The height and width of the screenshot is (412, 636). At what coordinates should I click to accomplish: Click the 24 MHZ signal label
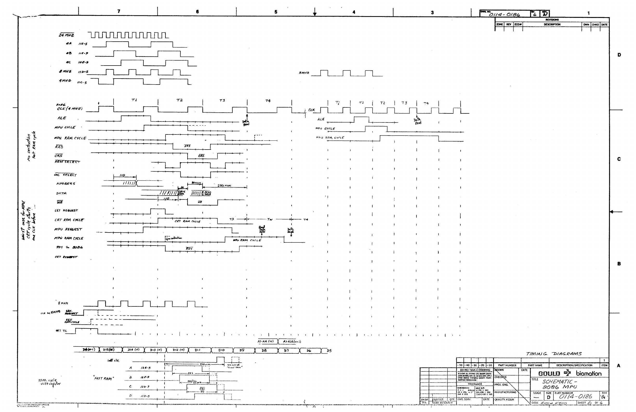click(66, 35)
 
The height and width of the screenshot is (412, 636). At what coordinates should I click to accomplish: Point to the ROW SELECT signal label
click(67, 162)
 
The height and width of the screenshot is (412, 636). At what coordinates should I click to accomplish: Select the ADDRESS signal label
click(65, 184)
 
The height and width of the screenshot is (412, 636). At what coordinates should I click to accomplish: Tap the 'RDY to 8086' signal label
click(69, 247)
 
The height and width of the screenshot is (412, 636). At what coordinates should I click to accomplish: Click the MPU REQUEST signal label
click(68, 229)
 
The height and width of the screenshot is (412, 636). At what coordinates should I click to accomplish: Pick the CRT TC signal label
click(61, 331)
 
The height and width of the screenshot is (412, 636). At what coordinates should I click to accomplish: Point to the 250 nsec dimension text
click(224, 185)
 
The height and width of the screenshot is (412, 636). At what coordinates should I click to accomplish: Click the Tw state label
click(270, 219)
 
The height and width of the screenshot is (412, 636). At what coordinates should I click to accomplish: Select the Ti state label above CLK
click(338, 103)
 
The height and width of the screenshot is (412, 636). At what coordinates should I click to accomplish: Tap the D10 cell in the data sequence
click(222, 350)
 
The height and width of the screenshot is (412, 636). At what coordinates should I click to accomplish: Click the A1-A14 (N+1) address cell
click(292, 342)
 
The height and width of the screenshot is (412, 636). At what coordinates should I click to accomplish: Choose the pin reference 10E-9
click(83, 62)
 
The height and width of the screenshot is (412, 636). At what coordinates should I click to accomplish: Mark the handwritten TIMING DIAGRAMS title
click(554, 354)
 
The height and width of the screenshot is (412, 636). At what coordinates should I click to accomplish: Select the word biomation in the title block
click(589, 374)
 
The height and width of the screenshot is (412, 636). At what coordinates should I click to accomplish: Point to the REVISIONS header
click(552, 20)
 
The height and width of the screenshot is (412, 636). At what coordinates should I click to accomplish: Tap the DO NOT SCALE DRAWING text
click(475, 370)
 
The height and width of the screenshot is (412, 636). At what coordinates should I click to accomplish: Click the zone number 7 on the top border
click(119, 11)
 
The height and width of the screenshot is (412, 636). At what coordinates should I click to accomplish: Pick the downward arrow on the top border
click(315, 12)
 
